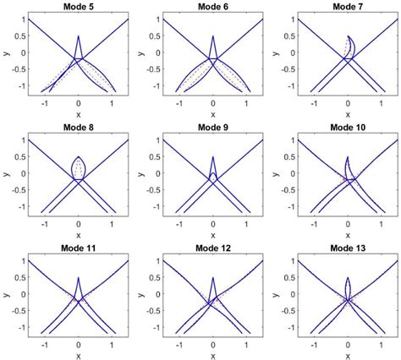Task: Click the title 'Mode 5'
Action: [x=78, y=6]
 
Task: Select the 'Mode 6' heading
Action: [x=212, y=6]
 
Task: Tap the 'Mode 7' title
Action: [x=347, y=6]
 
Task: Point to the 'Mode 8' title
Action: [x=78, y=128]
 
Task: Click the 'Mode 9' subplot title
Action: [x=212, y=128]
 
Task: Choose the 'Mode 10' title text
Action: [x=347, y=128]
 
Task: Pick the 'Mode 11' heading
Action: [x=78, y=250]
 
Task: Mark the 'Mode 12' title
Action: [x=212, y=250]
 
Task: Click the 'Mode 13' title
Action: [x=347, y=250]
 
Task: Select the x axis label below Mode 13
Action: [x=347, y=356]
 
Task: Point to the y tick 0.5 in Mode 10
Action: [x=287, y=158]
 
